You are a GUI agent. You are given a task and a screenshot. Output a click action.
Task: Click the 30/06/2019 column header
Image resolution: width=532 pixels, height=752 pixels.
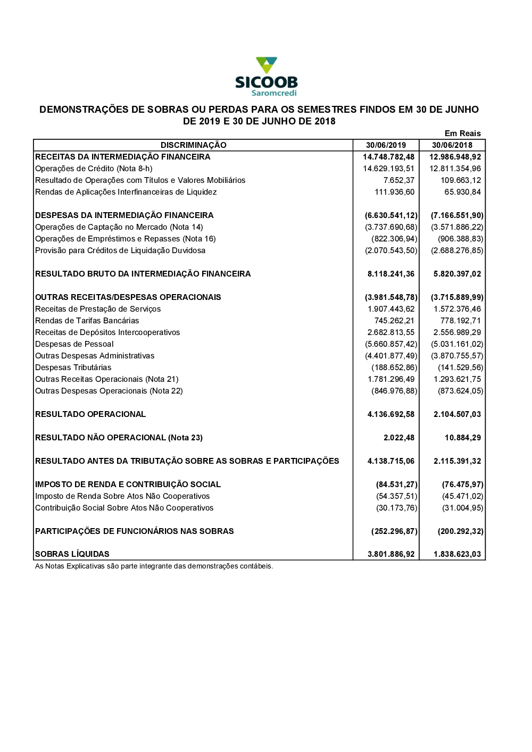pos(386,145)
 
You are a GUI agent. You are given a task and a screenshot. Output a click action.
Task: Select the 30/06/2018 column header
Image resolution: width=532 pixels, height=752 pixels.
pos(452,145)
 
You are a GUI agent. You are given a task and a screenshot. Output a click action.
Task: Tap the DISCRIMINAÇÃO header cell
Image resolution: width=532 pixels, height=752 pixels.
pos(193,145)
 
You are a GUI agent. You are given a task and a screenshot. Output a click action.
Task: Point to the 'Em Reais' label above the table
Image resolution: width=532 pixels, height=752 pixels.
pos(462,133)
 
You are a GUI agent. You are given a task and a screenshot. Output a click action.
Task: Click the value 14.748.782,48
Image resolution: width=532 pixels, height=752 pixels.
pos(388,157)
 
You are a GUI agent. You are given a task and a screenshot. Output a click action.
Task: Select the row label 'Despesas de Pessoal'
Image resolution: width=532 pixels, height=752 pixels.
pos(74,344)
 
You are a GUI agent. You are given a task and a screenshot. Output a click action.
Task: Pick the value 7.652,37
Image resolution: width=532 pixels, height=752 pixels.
pos(398,180)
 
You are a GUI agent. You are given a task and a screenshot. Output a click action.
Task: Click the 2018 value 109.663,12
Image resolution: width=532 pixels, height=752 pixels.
pos(460,180)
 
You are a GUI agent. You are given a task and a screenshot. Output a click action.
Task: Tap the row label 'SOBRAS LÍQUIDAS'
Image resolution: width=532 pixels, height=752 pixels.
pos(72,554)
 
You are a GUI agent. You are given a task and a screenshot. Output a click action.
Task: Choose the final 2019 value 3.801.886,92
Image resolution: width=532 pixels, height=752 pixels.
pos(390,554)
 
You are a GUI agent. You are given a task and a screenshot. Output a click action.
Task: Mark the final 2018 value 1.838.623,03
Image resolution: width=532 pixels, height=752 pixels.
pos(457,554)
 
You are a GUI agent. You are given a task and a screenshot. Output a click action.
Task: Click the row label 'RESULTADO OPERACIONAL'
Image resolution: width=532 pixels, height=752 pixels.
pos(90,414)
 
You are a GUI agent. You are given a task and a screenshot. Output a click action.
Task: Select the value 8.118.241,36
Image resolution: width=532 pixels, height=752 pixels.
pos(390,274)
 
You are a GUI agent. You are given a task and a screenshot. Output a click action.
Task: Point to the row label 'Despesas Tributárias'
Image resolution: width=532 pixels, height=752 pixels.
pos(73,367)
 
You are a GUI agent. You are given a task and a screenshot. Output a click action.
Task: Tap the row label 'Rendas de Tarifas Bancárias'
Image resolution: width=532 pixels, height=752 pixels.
pos(87,321)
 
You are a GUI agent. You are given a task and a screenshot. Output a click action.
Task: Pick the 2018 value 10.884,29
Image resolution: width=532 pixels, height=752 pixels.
pos(462,438)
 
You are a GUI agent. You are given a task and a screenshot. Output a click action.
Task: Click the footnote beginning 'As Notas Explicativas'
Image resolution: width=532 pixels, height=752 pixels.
pos(154,566)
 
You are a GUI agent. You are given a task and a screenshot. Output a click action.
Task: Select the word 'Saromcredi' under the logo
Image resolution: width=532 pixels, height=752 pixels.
pos(274,93)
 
